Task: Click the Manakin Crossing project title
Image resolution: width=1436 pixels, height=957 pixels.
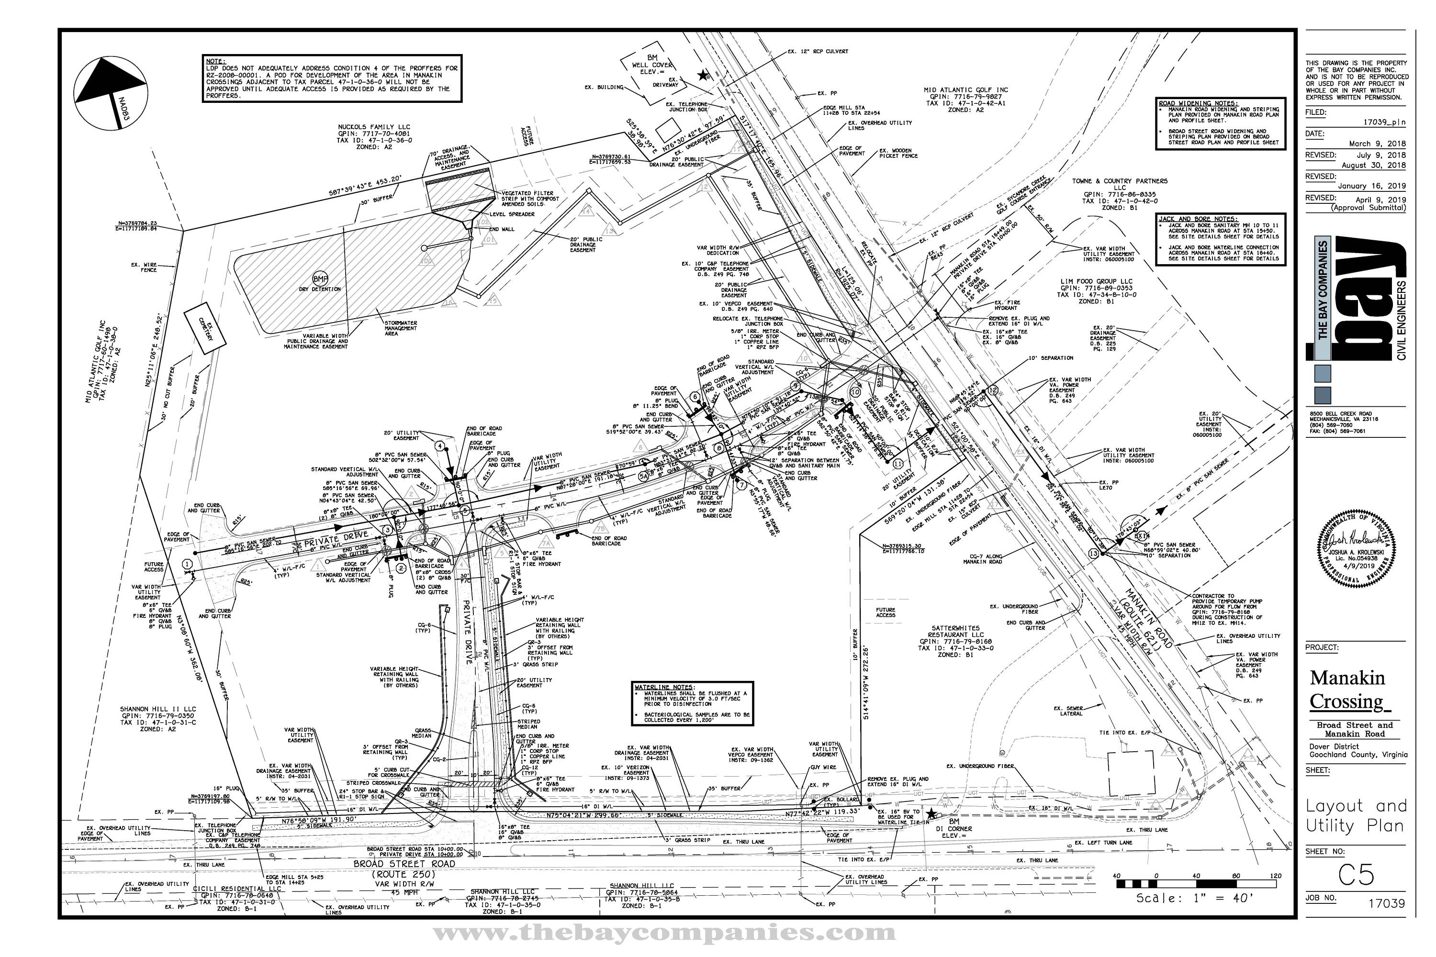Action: (1348, 690)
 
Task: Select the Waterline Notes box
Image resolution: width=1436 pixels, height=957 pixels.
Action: (692, 703)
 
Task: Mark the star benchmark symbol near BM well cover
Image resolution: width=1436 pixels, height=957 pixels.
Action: (703, 75)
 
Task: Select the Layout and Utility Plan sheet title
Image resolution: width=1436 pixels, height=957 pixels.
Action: (1356, 815)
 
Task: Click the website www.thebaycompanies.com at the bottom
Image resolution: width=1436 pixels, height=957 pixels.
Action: (664, 933)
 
